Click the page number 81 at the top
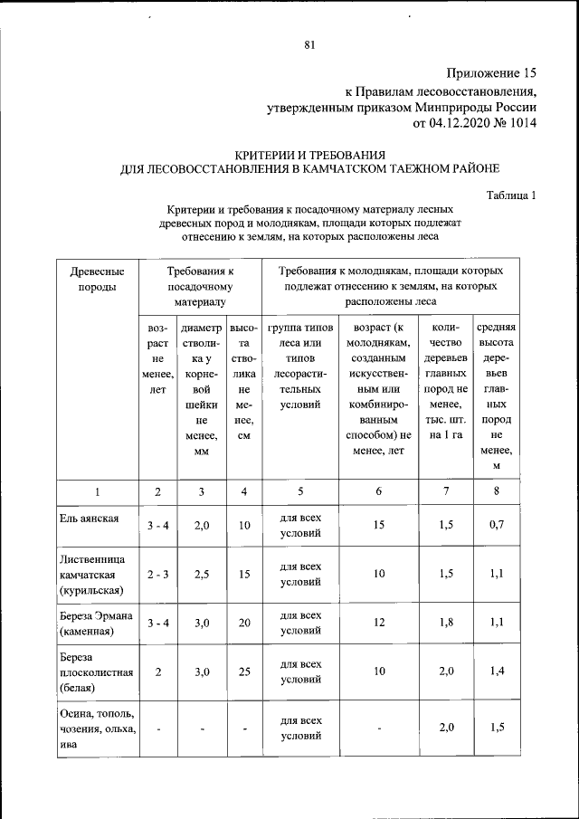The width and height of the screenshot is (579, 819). pos(309,45)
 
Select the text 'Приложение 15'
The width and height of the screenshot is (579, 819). pos(492,72)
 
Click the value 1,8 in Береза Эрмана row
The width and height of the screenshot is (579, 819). pos(445,624)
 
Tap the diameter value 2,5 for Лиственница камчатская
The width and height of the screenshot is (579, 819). pos(203,575)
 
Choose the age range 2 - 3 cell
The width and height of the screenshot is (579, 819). pos(158,575)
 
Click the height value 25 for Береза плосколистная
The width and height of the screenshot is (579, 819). pos(243,671)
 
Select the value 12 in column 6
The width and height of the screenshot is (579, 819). pos(379,624)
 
